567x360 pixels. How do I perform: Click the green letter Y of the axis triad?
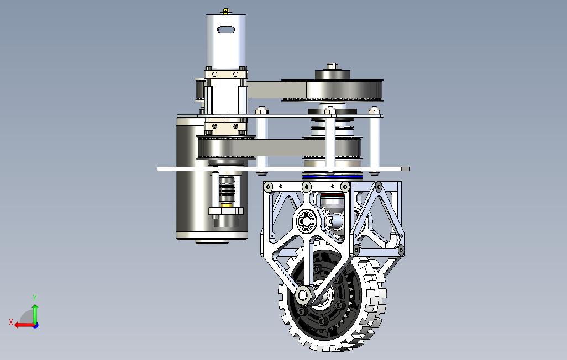point(35,298)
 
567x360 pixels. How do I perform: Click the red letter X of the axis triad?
point(11,322)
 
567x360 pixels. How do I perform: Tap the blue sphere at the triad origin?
point(35,325)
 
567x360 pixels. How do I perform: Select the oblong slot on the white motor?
point(226,29)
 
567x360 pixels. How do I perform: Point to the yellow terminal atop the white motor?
point(226,12)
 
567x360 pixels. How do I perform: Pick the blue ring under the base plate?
point(332,177)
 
